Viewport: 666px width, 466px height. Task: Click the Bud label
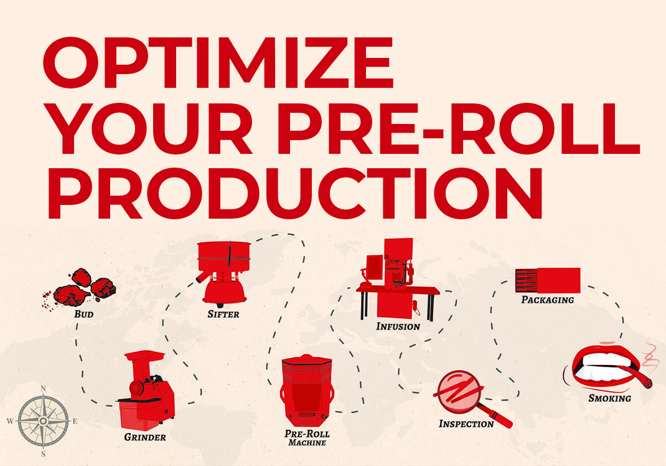click(x=83, y=314)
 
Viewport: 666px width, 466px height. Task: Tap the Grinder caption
click(x=144, y=437)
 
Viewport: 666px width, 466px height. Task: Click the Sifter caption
click(x=223, y=314)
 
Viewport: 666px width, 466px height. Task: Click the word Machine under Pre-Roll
click(x=307, y=443)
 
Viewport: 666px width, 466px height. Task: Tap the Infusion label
click(x=398, y=326)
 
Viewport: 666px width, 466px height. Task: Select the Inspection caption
click(x=466, y=424)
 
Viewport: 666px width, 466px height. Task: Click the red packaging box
click(x=548, y=280)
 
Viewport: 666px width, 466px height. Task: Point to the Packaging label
click(x=547, y=300)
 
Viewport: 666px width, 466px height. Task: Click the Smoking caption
click(x=609, y=397)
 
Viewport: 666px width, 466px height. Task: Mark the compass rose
click(x=43, y=421)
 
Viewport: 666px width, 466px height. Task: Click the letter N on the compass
click(x=43, y=388)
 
